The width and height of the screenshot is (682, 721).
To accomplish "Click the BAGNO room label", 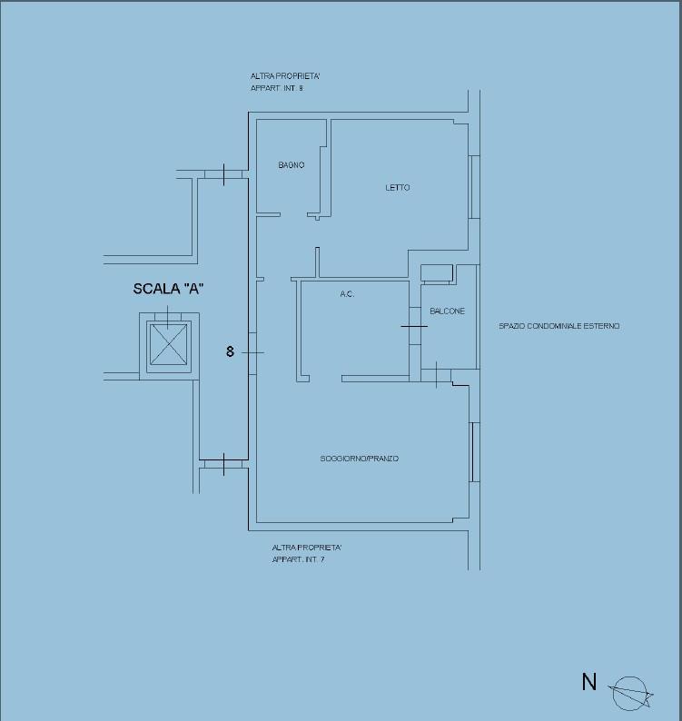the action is click(x=292, y=165).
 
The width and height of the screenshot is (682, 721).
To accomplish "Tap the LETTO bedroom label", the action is click(x=398, y=188).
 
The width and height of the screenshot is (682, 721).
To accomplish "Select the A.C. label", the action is click(x=347, y=294).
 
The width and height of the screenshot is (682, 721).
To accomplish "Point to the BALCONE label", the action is click(x=447, y=311).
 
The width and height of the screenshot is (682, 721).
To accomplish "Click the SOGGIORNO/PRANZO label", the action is click(x=360, y=459).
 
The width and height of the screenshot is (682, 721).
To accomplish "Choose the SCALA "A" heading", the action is click(x=168, y=289).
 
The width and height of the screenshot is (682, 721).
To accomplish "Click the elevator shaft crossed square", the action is click(x=169, y=344).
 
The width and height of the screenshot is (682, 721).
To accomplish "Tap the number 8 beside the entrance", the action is click(x=230, y=351).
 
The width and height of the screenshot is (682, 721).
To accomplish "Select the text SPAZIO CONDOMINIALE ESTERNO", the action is click(x=559, y=326).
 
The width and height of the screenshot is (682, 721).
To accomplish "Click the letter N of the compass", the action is click(x=589, y=682).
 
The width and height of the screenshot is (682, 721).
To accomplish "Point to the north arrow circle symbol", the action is click(x=629, y=694).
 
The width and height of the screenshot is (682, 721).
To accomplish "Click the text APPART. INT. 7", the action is click(x=298, y=559).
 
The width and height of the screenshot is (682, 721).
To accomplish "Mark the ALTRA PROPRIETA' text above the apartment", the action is click(x=285, y=76).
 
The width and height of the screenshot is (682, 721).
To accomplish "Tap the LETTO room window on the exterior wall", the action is click(x=474, y=187).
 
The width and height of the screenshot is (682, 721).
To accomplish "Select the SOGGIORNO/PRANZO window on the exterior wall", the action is click(x=474, y=452).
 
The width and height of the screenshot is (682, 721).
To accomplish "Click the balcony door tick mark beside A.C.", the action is click(x=414, y=327).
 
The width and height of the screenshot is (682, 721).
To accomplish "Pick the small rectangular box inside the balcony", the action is click(x=437, y=272).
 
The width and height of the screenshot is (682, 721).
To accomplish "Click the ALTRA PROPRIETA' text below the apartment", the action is click(x=307, y=548).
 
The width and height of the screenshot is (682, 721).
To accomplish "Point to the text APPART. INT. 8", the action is click(x=277, y=88).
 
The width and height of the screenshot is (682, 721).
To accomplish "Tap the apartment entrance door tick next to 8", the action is click(x=252, y=352).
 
